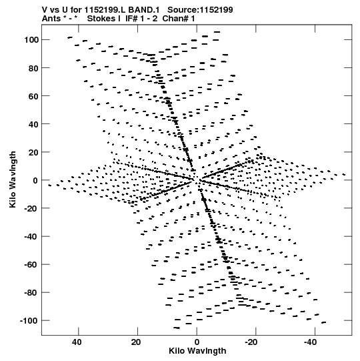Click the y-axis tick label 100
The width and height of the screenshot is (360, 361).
tap(31, 40)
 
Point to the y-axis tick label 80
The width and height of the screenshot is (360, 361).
tap(33, 68)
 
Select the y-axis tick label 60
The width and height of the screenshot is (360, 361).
tap(33, 96)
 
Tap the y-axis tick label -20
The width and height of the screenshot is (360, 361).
tap(31, 208)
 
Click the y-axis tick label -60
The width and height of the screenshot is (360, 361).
tap(31, 264)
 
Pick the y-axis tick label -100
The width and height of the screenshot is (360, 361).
tap(29, 321)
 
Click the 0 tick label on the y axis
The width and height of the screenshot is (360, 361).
tap(35, 180)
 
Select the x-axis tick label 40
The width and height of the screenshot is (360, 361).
tap(77, 342)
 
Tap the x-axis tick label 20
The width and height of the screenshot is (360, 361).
tap(136, 342)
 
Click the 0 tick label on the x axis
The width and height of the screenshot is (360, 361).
tap(197, 342)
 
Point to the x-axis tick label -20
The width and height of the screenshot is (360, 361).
tap(251, 342)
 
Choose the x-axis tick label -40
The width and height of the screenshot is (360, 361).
tap(310, 342)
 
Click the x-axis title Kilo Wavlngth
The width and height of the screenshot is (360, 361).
tap(197, 351)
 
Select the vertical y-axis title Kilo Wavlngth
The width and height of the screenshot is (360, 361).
tap(13, 179)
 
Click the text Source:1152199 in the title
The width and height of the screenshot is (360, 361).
tap(200, 10)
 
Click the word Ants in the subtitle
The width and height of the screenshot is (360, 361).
tap(51, 19)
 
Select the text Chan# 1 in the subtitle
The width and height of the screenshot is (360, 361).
tap(179, 19)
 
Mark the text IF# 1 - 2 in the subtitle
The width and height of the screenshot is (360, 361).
tap(141, 19)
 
